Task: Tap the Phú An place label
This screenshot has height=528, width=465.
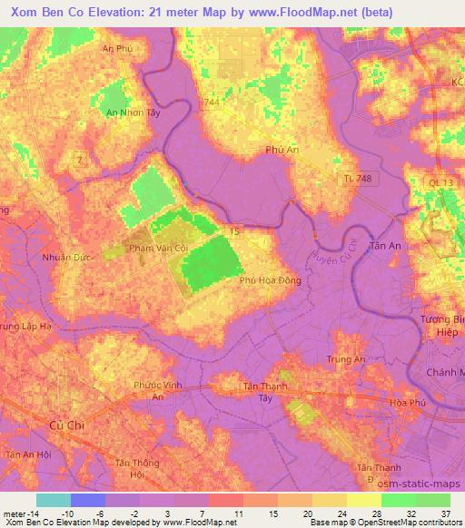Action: (282, 150)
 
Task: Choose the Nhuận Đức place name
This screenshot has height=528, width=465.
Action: (63, 257)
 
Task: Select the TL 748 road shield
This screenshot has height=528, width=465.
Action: (359, 179)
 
